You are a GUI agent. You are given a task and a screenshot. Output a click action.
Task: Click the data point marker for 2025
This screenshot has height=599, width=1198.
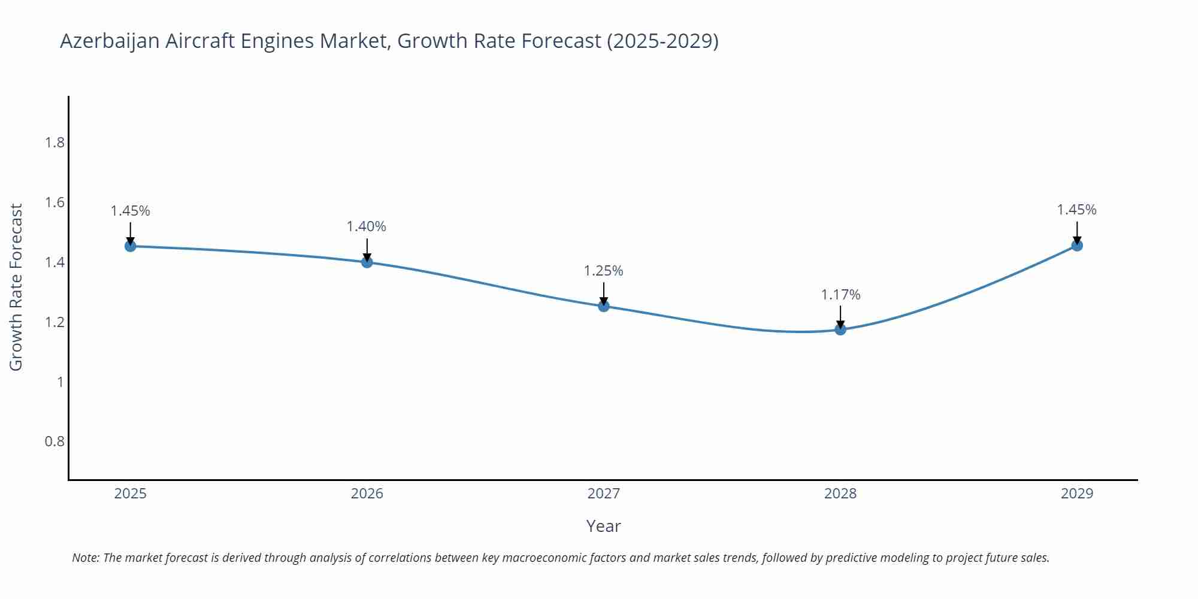(131, 246)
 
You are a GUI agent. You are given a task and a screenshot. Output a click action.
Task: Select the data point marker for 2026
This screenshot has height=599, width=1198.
(367, 262)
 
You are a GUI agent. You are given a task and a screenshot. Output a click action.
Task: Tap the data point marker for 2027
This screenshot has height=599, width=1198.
(604, 306)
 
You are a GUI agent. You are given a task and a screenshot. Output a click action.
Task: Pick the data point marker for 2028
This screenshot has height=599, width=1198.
(840, 329)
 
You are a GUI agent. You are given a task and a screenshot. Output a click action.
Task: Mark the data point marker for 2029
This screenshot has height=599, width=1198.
(1077, 245)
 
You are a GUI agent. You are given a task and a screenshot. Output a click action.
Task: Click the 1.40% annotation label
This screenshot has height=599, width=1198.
(367, 226)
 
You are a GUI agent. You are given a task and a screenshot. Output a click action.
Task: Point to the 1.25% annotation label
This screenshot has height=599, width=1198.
(604, 271)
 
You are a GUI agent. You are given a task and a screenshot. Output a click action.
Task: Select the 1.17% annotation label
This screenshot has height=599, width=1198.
(840, 295)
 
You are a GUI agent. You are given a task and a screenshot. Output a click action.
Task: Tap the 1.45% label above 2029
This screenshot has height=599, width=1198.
(1076, 210)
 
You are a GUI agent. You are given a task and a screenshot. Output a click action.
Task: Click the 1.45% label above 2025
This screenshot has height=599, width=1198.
(131, 211)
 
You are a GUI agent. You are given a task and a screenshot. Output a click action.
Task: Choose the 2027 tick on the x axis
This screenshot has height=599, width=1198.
(604, 494)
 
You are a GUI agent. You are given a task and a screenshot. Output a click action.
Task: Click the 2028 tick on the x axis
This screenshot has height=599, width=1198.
(840, 494)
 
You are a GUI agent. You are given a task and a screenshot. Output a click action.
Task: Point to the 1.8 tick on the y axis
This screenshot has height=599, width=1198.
(55, 143)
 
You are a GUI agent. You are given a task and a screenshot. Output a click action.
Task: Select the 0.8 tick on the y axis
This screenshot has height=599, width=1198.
(55, 441)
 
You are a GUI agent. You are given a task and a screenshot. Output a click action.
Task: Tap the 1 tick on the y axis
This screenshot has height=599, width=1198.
(60, 382)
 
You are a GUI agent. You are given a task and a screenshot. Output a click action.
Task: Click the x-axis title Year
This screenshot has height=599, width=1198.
(604, 526)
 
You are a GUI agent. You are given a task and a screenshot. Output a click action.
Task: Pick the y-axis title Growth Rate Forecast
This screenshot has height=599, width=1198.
(16, 288)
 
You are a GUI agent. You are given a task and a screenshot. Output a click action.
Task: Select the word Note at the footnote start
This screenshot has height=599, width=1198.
(86, 558)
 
